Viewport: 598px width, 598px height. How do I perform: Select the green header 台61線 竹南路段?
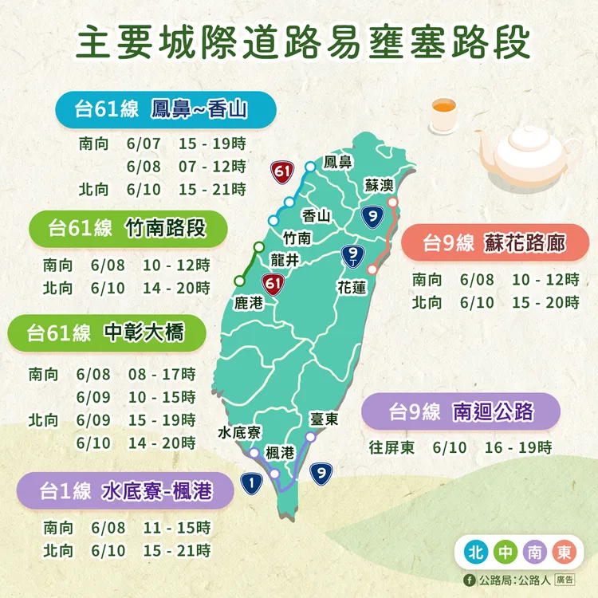pyautogui.click(x=128, y=228)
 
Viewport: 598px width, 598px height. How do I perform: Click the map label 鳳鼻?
pyautogui.click(x=338, y=163)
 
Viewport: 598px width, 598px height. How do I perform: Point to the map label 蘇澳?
pyautogui.click(x=379, y=185)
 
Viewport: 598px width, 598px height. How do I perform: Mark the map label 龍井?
pyautogui.click(x=285, y=258)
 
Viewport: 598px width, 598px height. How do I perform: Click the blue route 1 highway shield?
pyautogui.click(x=252, y=482)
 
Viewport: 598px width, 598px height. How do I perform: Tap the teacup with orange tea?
pyautogui.click(x=442, y=117)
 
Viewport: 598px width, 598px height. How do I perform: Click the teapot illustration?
pyautogui.click(x=525, y=151)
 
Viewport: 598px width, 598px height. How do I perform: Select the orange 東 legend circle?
pyautogui.click(x=564, y=552)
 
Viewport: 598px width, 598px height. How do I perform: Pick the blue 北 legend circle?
pyautogui.click(x=476, y=552)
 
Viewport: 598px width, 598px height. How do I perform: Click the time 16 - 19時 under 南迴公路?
pyautogui.click(x=517, y=447)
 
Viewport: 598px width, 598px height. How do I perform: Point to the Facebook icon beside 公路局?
pyautogui.click(x=469, y=580)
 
